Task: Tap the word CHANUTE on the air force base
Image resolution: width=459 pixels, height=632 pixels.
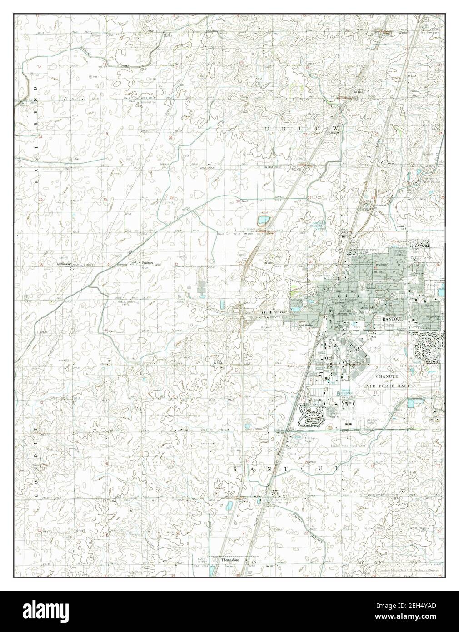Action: click(387, 377)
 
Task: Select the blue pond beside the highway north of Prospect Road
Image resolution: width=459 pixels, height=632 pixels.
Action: click(263, 221)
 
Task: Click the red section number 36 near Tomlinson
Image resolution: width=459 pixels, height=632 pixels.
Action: click(40, 264)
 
